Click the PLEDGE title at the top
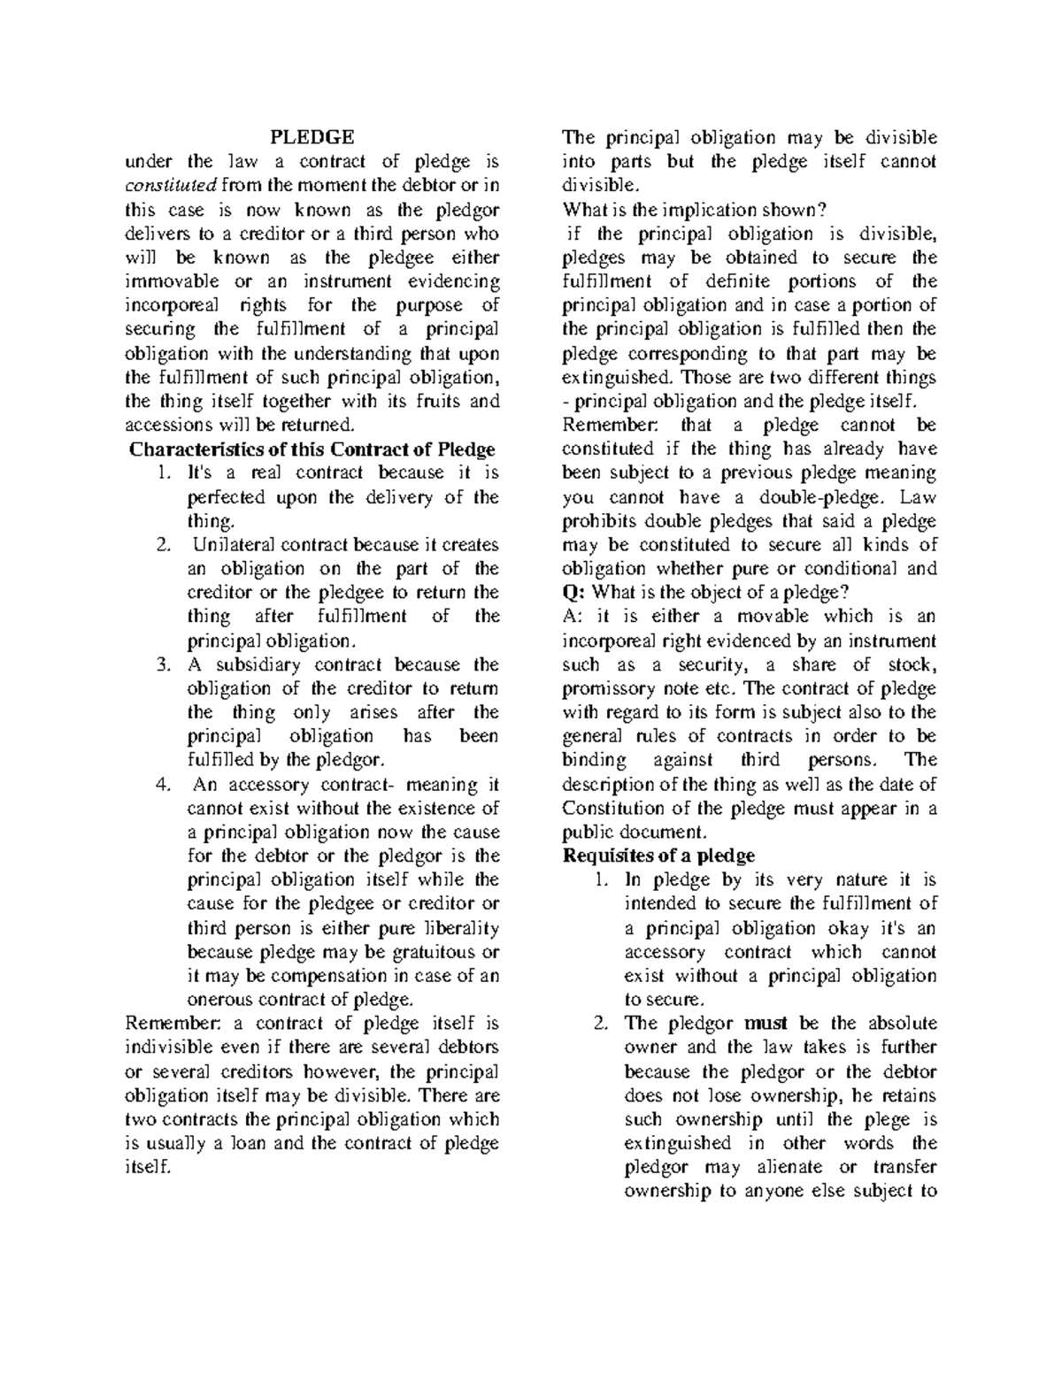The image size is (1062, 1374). [312, 137]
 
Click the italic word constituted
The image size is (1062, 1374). [170, 186]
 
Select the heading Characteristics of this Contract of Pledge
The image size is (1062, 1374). [312, 449]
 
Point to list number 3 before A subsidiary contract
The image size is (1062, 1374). [162, 664]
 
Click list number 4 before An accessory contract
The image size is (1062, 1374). [162, 784]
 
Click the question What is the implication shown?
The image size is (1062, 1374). [695, 210]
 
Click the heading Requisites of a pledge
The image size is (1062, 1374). [658, 856]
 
